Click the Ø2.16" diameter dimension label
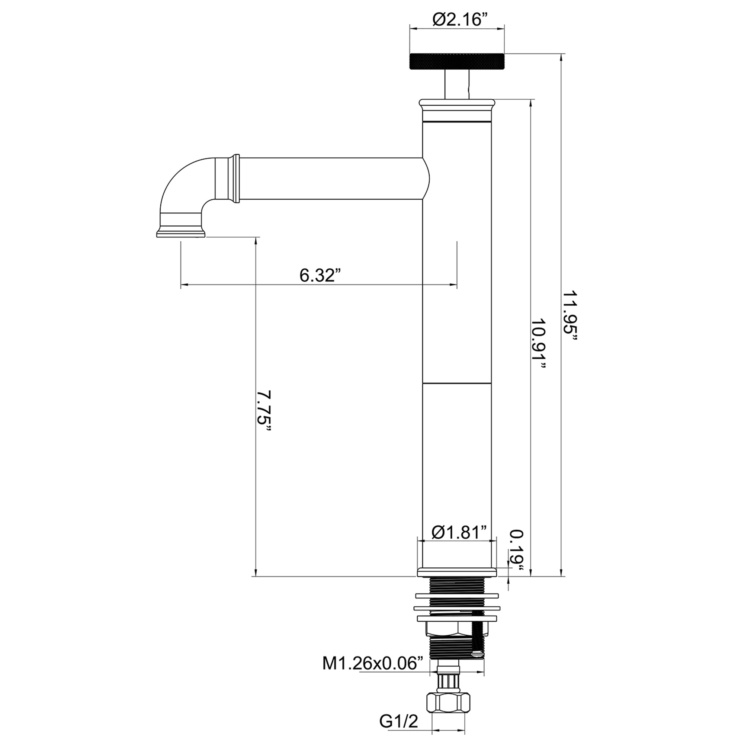coord(457,19)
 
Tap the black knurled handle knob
coord(457,61)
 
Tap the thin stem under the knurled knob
coord(457,84)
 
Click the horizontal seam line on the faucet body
coord(457,384)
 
